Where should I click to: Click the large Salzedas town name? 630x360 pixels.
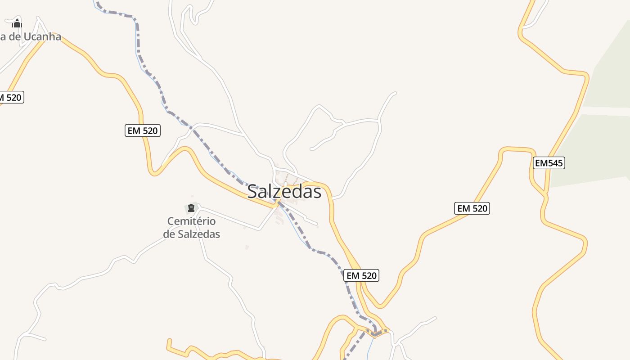284,192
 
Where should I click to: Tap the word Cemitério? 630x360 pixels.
191,221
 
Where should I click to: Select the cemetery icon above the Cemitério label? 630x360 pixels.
191,208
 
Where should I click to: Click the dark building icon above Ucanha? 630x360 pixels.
17,23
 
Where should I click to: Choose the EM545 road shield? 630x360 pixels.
549,163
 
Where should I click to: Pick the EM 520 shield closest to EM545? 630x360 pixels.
471,208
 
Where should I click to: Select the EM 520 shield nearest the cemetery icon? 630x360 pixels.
143,130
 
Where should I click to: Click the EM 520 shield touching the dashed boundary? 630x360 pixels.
361,275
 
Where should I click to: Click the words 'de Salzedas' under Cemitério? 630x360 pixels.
191,234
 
